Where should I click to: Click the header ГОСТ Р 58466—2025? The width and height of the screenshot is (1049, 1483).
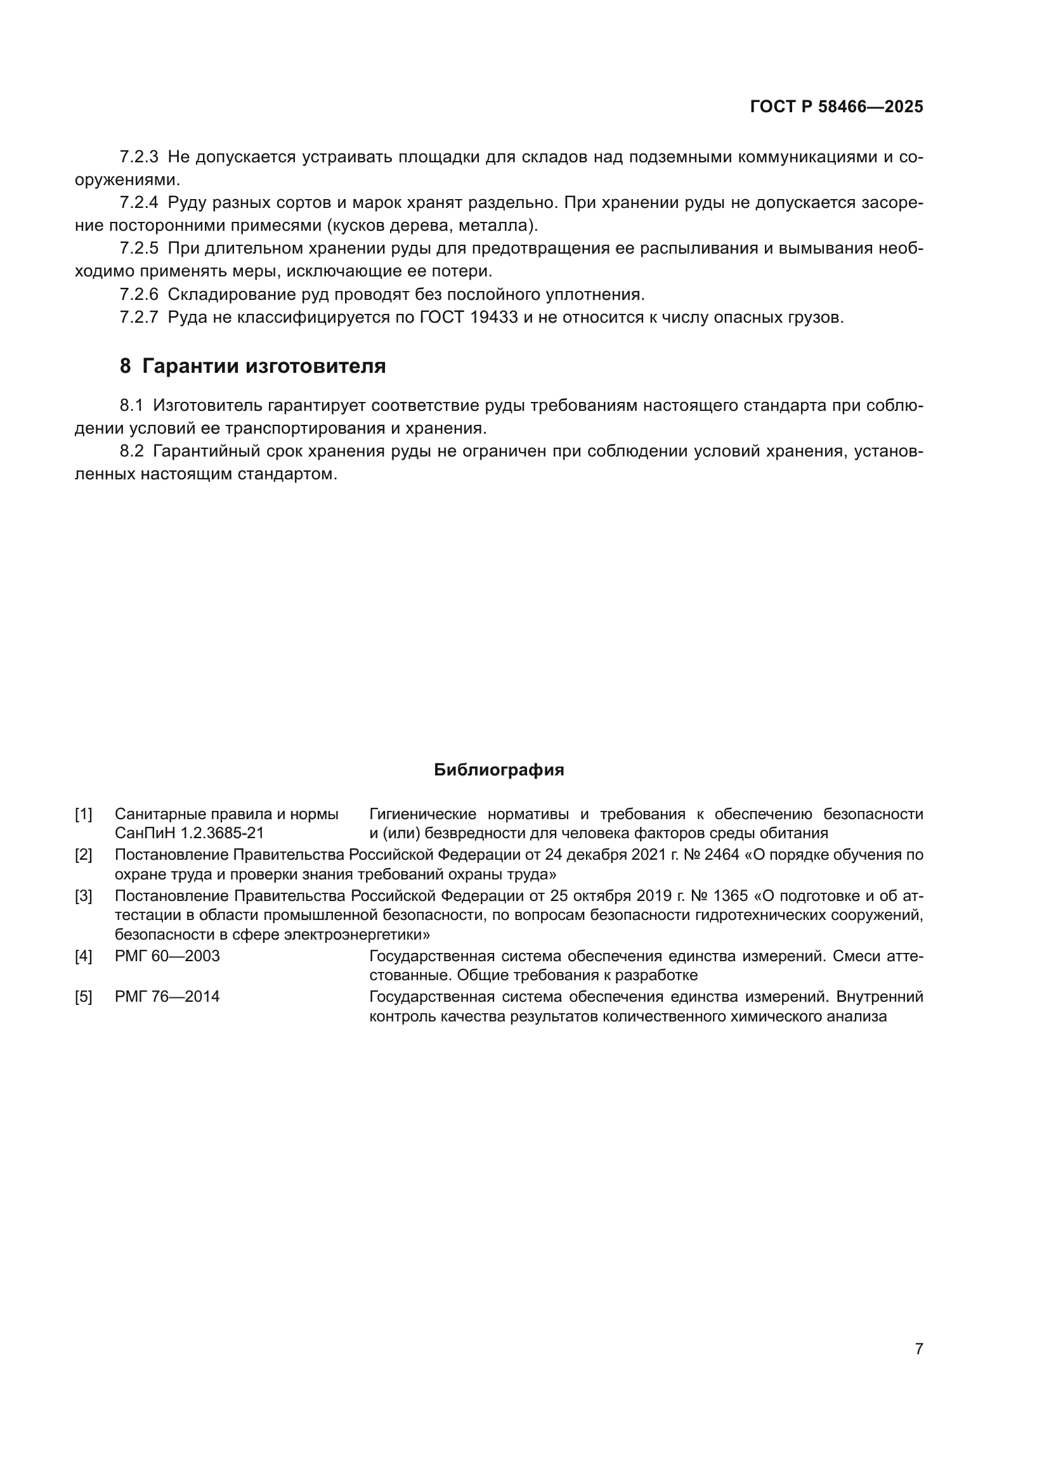836,107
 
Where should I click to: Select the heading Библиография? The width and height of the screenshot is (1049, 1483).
498,770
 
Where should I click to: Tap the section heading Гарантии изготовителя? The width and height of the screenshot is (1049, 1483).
264,366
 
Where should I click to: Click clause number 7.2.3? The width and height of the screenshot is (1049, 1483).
139,157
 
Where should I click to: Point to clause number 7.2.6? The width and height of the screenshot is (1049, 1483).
139,295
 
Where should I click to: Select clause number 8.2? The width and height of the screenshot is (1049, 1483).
131,451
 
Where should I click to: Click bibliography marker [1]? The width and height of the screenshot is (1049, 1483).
83,815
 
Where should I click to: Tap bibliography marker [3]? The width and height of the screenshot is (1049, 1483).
83,896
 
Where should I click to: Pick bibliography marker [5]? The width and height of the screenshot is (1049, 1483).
83,997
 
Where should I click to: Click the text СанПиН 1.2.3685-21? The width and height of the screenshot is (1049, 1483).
189,834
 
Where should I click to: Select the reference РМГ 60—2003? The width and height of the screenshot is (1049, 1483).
167,956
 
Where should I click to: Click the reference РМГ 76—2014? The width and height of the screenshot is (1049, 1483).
167,997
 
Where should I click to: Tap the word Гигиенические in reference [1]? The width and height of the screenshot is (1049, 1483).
422,815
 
